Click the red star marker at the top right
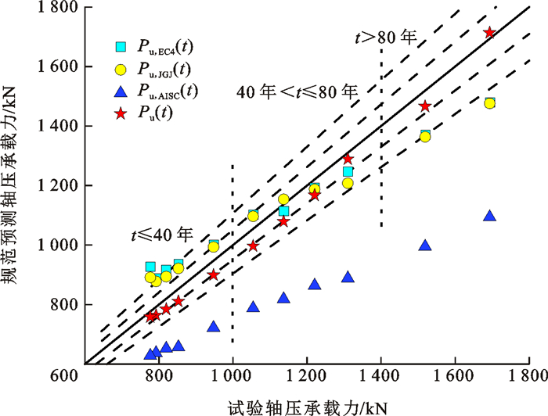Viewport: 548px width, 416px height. pyautogui.click(x=489, y=32)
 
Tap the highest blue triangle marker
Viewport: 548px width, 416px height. pyautogui.click(x=489, y=216)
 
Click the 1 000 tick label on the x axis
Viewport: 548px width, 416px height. pyautogui.click(x=233, y=377)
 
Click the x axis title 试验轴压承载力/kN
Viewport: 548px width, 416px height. pyautogui.click(x=308, y=404)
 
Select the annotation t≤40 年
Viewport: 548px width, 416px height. pyautogui.click(x=162, y=234)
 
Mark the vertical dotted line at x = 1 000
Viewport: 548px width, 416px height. pyautogui.click(x=233, y=258)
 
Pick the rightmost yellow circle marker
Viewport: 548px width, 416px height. pyautogui.click(x=489, y=103)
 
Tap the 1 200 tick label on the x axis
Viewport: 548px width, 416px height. pyautogui.click(x=307, y=377)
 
